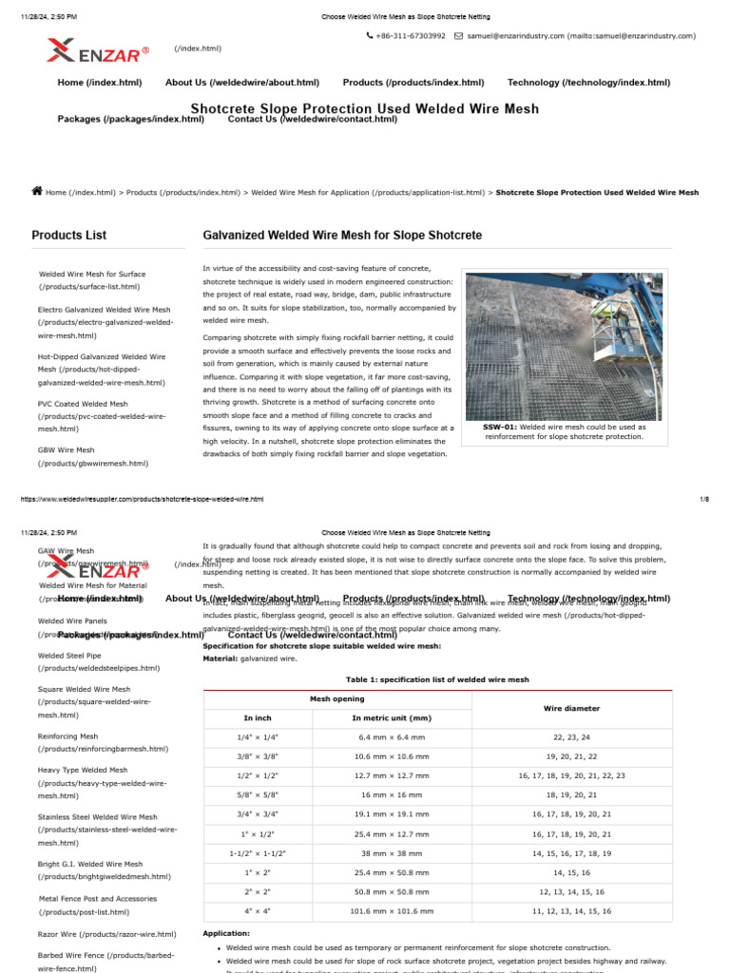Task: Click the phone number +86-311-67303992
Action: (x=411, y=36)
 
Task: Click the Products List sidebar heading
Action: (x=68, y=235)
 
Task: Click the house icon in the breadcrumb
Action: (x=37, y=191)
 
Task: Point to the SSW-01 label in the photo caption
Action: (x=501, y=427)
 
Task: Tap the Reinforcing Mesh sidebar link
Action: (x=67, y=735)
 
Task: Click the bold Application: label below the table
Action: (x=226, y=933)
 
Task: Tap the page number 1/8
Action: (x=704, y=499)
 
